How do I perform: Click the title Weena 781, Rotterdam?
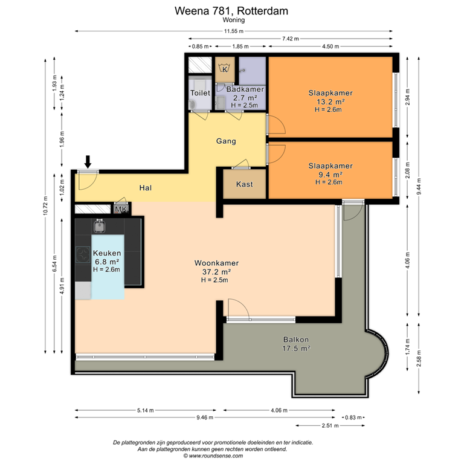[231, 10]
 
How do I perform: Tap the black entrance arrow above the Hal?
[88, 161]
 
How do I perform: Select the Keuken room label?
[107, 253]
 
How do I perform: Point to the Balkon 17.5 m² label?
[296, 344]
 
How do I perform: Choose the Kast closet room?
[244, 184]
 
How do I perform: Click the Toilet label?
[200, 93]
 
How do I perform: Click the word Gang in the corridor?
[225, 141]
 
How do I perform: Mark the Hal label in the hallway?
[145, 188]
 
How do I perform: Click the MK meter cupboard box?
[121, 210]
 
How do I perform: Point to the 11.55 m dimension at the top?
[233, 31]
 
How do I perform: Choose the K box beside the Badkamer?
[225, 69]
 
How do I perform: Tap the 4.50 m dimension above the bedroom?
[330, 47]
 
